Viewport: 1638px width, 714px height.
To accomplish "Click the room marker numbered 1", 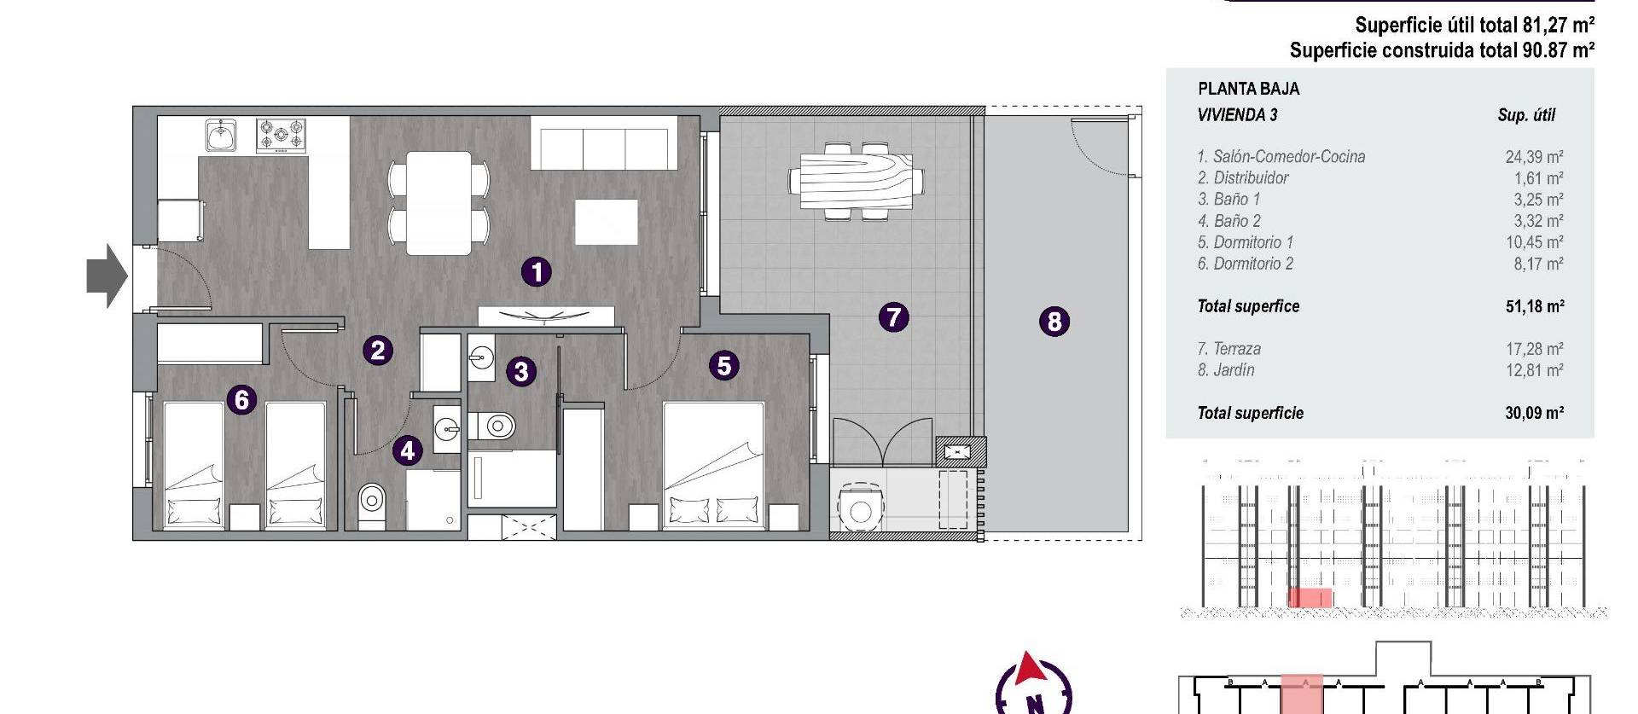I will coord(536,272).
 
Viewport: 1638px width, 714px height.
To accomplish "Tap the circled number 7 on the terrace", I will coord(893,317).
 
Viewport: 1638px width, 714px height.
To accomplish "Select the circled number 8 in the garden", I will coord(1054,322).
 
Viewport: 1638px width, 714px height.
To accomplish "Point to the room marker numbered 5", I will coord(723,366).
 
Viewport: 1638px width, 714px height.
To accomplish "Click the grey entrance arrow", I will coord(107,276).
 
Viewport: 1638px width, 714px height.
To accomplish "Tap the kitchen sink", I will coord(221,135).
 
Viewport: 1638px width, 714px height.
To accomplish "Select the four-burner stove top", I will coord(281,136).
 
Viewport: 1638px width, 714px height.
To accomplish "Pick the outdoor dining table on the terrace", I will coord(856,181).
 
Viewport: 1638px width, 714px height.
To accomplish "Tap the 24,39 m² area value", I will coord(1534,157).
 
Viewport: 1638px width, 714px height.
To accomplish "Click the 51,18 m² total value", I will coord(1534,306).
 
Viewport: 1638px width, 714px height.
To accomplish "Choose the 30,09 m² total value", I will coord(1534,413).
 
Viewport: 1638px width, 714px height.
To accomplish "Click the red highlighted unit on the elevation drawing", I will coord(1309,598).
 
